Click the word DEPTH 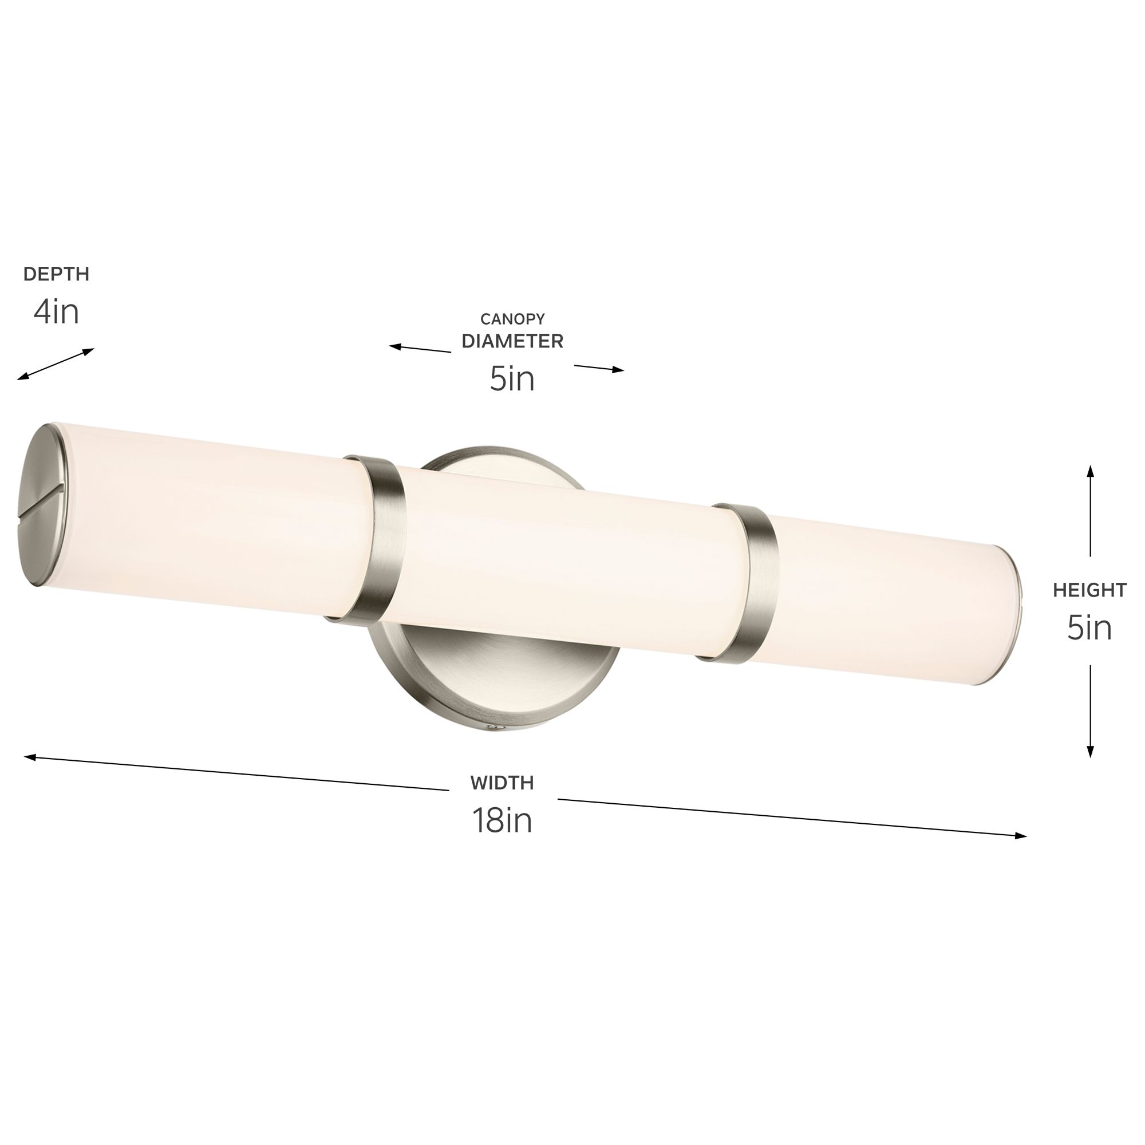(56, 274)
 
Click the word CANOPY (512, 319)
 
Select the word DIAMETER (512, 341)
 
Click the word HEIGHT (1089, 590)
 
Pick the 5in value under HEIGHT (1089, 627)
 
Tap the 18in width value (502, 821)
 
